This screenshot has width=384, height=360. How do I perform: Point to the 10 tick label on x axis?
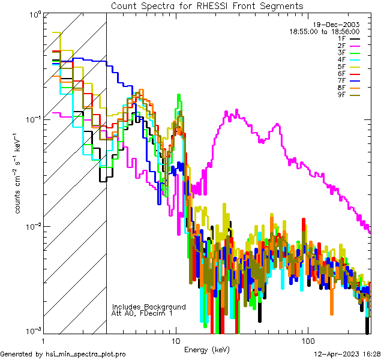(x=176, y=340)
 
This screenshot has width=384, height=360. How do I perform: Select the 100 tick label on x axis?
(x=308, y=340)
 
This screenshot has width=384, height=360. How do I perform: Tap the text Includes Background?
(x=149, y=307)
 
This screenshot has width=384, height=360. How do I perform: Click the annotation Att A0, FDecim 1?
(x=142, y=313)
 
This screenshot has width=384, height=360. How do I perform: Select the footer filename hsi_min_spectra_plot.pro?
(x=86, y=354)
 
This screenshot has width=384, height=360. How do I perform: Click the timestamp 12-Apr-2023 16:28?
(x=349, y=354)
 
